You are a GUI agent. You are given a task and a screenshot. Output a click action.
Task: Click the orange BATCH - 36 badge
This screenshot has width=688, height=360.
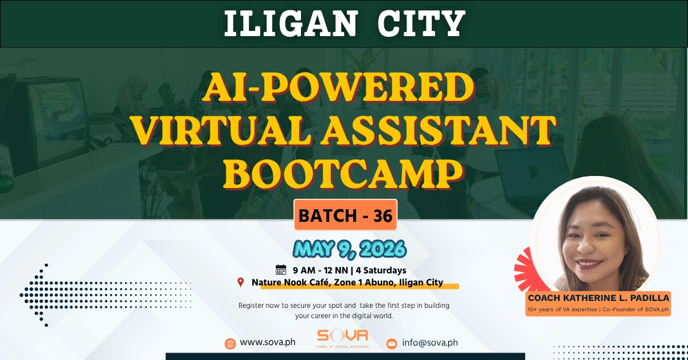point(345,216)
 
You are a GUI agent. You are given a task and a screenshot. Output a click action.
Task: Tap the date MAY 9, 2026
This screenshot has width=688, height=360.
point(350,249)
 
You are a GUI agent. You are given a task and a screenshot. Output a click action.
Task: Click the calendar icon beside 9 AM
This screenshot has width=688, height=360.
point(281,269)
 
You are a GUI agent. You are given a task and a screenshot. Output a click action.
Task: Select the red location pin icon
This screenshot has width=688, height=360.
point(241,282)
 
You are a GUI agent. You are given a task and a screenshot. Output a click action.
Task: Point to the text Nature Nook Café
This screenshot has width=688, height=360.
point(291,282)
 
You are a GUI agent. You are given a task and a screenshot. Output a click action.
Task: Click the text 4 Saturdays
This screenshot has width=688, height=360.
point(382,269)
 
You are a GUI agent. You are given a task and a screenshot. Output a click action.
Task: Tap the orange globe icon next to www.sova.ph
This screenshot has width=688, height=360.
point(230,343)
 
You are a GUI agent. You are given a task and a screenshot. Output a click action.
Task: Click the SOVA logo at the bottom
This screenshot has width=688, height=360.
point(343,338)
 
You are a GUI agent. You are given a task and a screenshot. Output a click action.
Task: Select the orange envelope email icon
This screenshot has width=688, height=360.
point(392,343)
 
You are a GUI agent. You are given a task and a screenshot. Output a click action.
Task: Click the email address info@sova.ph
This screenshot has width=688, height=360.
point(430,343)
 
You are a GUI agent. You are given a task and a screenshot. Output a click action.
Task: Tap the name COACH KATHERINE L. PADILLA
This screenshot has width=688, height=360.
point(599,299)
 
